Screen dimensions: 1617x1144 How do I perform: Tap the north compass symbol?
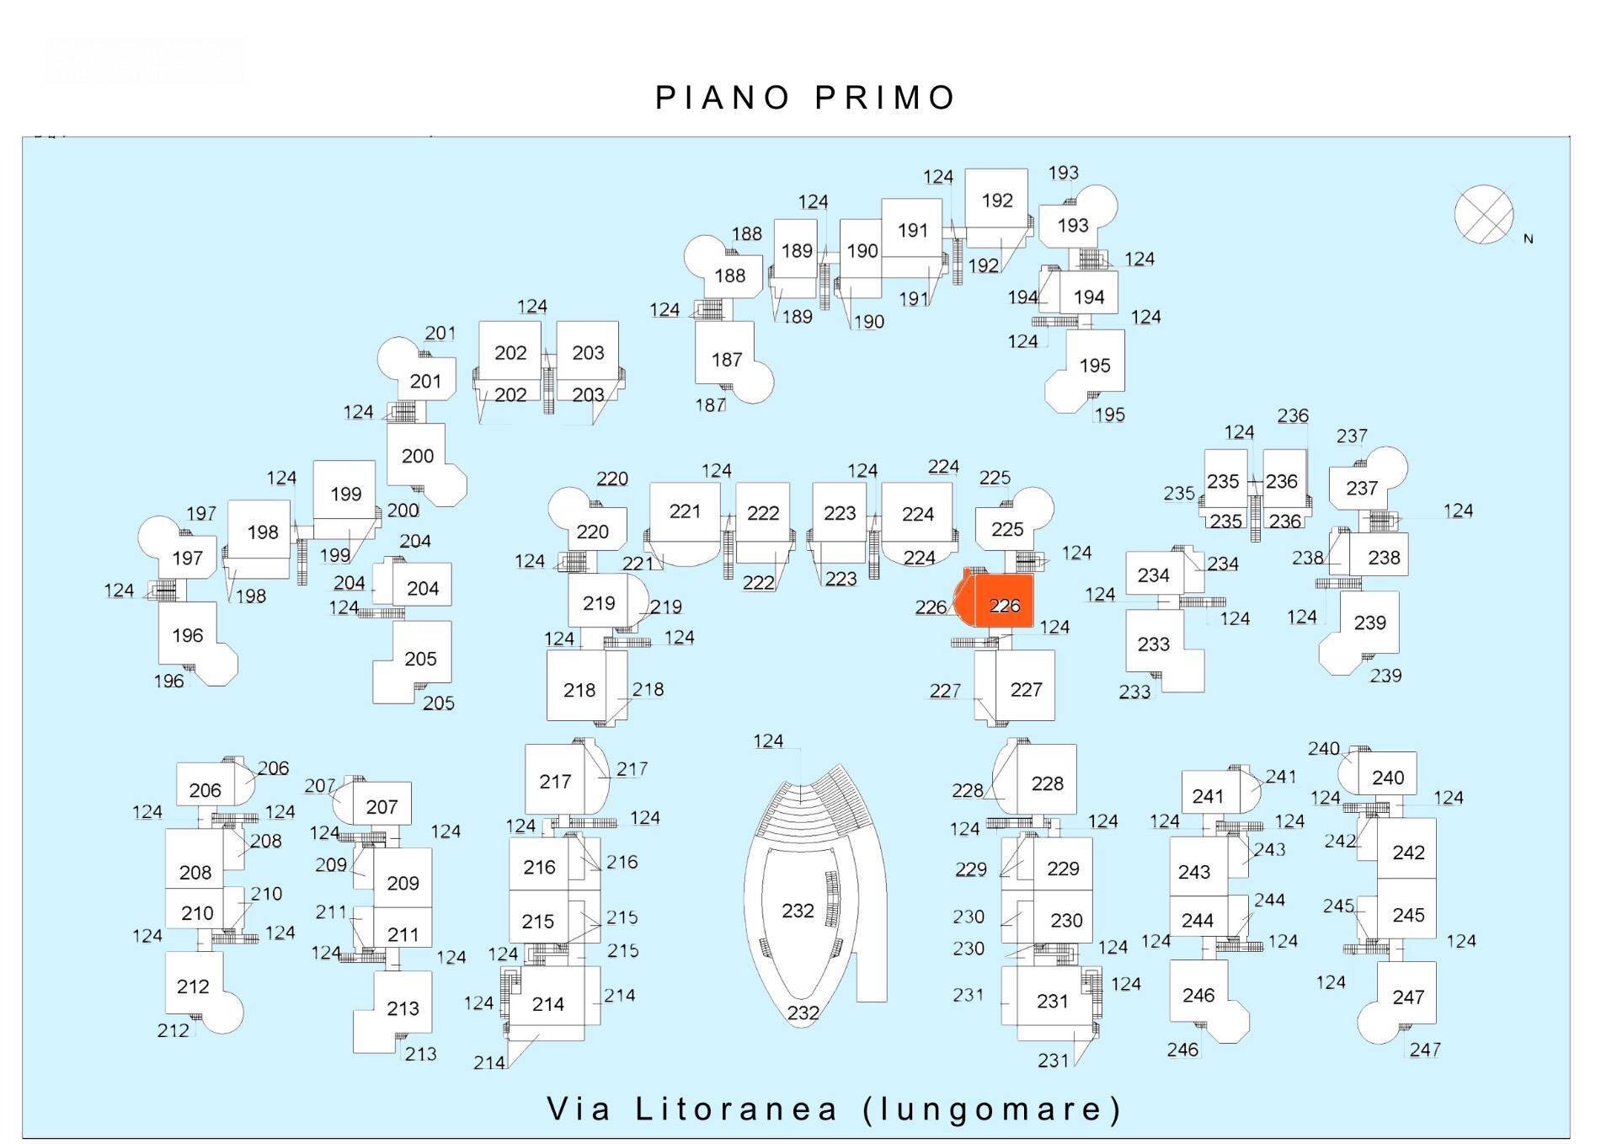coord(1483,215)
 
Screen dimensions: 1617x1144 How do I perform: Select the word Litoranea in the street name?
coord(737,1109)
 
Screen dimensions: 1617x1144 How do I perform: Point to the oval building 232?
coord(798,911)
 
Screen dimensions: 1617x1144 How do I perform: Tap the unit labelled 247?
coord(1407,997)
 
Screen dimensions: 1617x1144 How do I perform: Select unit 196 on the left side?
coord(187,635)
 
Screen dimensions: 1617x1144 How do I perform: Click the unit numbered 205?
coord(420,658)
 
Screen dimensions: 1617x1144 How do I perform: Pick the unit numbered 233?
coord(1153,644)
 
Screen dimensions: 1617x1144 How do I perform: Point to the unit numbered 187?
coord(726,360)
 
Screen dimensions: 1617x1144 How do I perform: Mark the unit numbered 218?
coord(579,690)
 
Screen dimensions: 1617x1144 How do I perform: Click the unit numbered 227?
coord(1026,689)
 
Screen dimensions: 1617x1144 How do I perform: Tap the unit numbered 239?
coord(1369,623)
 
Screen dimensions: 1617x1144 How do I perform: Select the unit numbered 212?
coord(193,986)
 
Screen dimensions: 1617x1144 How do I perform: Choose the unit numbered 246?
coord(1198,995)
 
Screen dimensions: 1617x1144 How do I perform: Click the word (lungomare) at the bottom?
coord(993,1109)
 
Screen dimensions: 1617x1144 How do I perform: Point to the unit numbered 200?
coord(417,456)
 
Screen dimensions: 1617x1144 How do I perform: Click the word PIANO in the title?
coord(722,98)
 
